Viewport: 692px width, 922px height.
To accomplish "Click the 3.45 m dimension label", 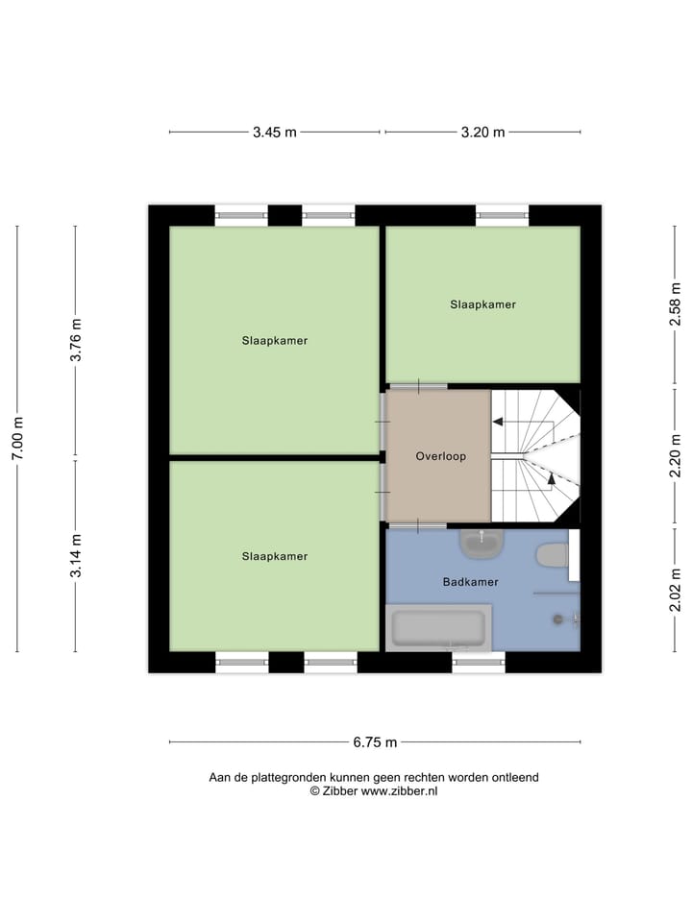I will point(274,133).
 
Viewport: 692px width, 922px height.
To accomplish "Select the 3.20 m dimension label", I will point(483,133).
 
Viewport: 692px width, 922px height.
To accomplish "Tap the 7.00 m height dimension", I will point(17,438).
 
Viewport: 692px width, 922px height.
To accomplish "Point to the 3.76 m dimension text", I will point(76,340).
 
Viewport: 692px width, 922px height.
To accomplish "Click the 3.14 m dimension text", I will point(76,555).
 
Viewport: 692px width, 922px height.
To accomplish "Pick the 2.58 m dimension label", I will point(676,305).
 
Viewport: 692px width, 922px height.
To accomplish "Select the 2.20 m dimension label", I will point(676,456).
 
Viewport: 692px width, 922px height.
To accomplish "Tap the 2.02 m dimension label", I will point(676,590).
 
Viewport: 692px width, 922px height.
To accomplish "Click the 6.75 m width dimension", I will point(375,741).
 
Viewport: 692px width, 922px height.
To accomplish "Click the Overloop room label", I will point(440,456).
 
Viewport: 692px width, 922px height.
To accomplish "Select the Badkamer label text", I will point(470,582).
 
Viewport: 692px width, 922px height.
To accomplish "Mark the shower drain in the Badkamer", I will point(557,619).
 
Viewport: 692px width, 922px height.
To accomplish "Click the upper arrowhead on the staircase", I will point(498,421).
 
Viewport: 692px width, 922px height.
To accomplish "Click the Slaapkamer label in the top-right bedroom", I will point(482,304).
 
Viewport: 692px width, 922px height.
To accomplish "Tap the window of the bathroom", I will point(478,662).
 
